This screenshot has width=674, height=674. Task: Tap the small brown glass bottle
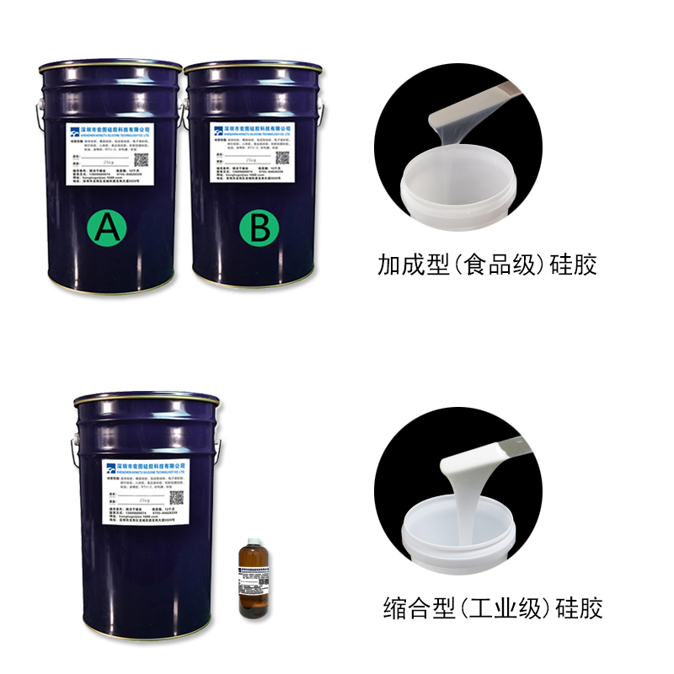(253, 581)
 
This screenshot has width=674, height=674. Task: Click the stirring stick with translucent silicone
(480, 99)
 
